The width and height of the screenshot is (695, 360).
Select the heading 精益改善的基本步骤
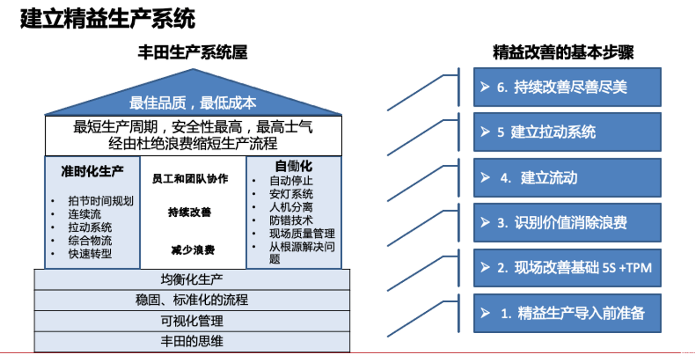coord(563,52)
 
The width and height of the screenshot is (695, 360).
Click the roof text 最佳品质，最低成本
coord(193,103)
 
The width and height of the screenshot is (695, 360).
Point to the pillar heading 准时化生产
coord(92,172)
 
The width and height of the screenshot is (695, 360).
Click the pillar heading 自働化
coord(294,166)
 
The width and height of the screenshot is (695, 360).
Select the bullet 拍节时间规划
coord(100,201)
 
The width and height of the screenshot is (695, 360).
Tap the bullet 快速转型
coord(90,254)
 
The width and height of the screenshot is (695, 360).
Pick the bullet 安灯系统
coord(291,194)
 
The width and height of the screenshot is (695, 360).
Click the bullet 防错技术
coord(291,221)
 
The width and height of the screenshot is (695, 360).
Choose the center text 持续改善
coord(190,212)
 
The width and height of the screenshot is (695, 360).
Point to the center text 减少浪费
coord(193,250)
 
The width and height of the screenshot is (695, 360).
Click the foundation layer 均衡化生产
coord(192,279)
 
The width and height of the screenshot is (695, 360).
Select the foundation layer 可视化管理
coord(192,321)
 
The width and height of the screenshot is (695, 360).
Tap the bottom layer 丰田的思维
coord(192,341)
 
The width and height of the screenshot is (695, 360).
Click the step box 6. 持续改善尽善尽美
coord(567,87)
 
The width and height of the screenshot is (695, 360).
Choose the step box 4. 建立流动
coord(567,178)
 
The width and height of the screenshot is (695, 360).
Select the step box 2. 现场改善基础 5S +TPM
coord(567,268)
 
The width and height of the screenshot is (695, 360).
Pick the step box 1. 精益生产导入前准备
coord(567,313)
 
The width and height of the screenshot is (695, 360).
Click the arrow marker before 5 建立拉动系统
coord(485,132)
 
